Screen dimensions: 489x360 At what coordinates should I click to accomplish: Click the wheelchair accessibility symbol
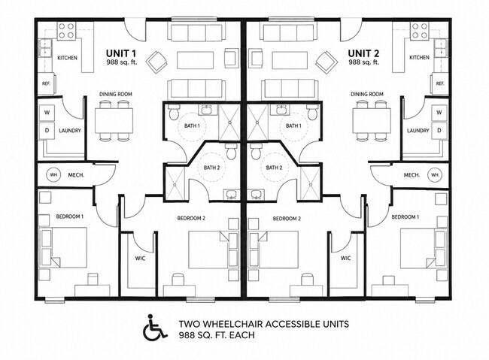pos(155,327)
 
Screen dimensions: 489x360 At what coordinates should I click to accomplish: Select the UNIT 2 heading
pos(363,53)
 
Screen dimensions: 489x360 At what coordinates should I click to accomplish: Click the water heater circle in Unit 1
pos(53,175)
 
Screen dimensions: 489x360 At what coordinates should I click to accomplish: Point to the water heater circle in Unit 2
pos(435,175)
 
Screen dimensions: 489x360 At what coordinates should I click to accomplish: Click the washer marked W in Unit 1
pos(47,112)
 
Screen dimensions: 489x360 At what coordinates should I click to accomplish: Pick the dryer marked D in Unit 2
pos(439,130)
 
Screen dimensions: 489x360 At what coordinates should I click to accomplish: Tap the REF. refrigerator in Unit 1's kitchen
pos(46,83)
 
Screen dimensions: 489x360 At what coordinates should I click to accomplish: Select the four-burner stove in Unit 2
pos(420,31)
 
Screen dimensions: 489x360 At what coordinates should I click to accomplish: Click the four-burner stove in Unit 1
pos(66,31)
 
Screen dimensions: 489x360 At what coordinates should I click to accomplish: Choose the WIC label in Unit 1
pos(140,259)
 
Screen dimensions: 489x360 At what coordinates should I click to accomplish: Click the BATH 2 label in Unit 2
pos(274,168)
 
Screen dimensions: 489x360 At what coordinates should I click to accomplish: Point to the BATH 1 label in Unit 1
pos(192,126)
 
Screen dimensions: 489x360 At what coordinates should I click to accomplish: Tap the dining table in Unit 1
pos(114,120)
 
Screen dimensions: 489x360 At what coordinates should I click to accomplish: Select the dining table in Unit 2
pos(372,120)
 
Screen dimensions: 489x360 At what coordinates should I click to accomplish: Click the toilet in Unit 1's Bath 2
pos(232,152)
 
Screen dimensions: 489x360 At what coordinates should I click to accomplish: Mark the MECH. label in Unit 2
pos(412,175)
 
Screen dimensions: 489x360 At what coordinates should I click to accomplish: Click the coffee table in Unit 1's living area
pos(196,60)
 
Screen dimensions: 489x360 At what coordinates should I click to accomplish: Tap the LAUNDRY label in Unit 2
pos(418,131)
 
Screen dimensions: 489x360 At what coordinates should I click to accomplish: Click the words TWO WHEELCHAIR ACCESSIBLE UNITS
pos(264,324)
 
